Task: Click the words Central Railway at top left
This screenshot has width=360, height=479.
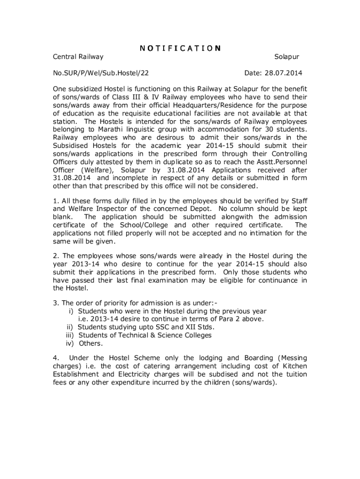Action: point(78,57)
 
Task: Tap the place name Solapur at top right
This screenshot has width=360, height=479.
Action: point(286,57)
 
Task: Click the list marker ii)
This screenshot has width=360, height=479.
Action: point(70,327)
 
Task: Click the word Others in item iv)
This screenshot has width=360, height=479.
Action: point(90,343)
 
